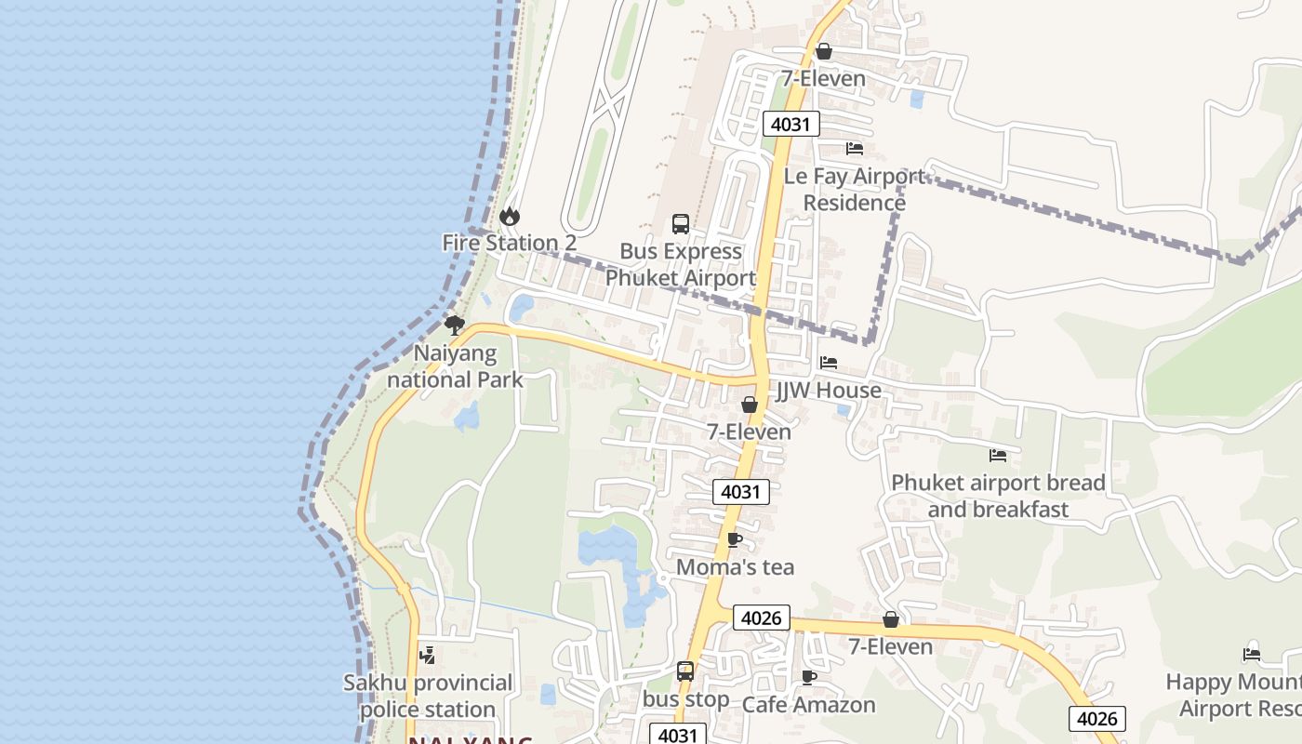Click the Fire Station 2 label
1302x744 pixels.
[x=509, y=243]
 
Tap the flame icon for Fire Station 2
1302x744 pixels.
[x=510, y=216]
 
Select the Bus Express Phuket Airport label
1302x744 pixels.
[x=681, y=265]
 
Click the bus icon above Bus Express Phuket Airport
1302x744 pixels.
[x=681, y=224]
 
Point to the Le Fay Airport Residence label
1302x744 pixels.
[x=855, y=190]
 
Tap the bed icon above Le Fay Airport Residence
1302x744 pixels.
[x=855, y=149]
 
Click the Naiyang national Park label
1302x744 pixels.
[x=455, y=366]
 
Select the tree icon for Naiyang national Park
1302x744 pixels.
[x=455, y=325]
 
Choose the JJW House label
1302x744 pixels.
[x=829, y=391]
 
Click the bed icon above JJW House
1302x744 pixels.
[x=829, y=363]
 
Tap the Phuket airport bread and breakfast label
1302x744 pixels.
[x=998, y=496]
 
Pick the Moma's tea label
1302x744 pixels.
[x=735, y=567]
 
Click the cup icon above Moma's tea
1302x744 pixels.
[x=735, y=539]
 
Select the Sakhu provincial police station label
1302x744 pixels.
[x=428, y=696]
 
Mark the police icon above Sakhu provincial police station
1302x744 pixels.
[x=428, y=656]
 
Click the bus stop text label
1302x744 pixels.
[x=686, y=698]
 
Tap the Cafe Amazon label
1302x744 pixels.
[x=808, y=705]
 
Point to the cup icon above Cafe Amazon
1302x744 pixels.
[x=809, y=677]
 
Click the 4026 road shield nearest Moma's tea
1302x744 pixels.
[x=762, y=618]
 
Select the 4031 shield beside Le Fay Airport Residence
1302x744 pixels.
[x=791, y=124]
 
